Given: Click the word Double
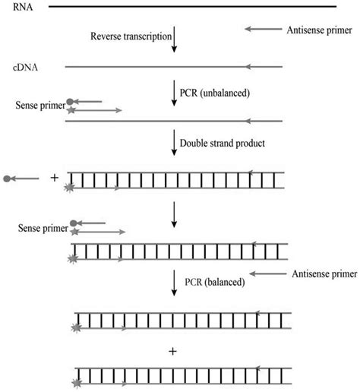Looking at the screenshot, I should [x=197, y=143].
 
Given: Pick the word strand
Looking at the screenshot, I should [x=230, y=143].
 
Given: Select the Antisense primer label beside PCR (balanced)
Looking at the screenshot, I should [x=317, y=273].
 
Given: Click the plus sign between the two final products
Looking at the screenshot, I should [x=175, y=352].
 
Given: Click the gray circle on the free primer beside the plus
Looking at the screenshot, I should [x=8, y=179].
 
